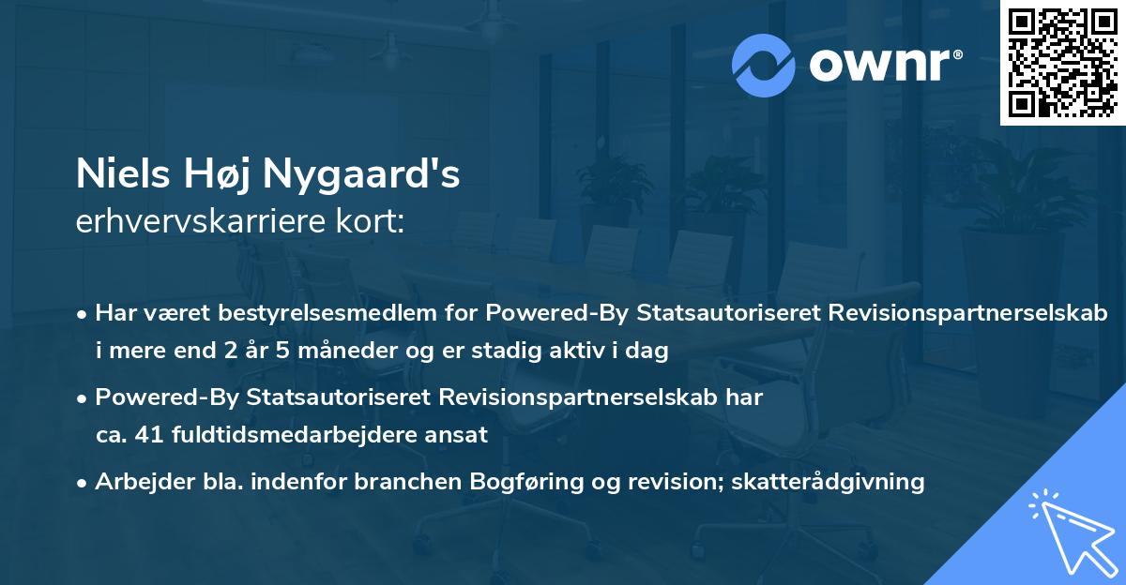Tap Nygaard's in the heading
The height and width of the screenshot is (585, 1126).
coord(361,175)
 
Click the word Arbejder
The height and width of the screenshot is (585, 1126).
coord(138,482)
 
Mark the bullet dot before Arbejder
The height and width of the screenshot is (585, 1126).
coord(84,483)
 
